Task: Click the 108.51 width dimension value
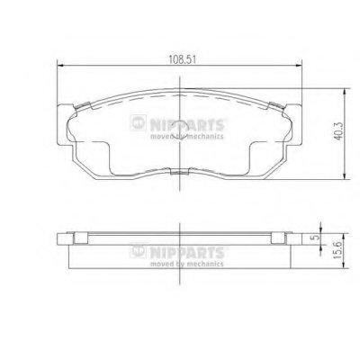(x=182, y=59)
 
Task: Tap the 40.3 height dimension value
(x=338, y=131)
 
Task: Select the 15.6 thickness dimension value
(x=338, y=251)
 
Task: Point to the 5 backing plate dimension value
(x=315, y=238)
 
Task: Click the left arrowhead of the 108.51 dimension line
(x=59, y=65)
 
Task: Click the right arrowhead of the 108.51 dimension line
(x=299, y=65)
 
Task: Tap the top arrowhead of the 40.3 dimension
(x=346, y=92)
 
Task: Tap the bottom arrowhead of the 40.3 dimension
(x=346, y=176)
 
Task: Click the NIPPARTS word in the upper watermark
(x=186, y=125)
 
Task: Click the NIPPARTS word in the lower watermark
(x=186, y=253)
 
